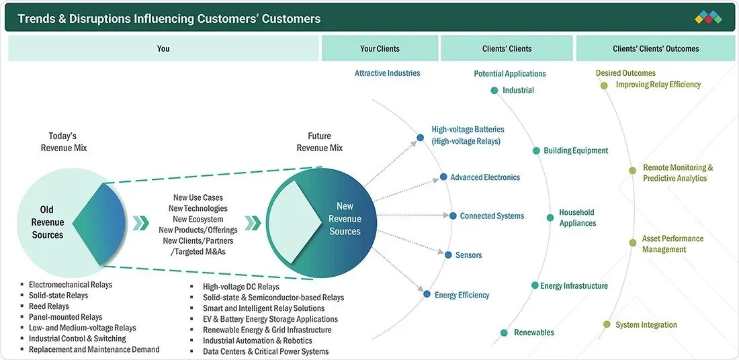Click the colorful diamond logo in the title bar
pyautogui.click(x=708, y=17)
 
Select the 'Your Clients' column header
pyautogui.click(x=380, y=48)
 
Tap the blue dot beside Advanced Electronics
pyautogui.click(x=443, y=177)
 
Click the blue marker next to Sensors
pyautogui.click(x=448, y=255)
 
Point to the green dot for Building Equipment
pyautogui.click(x=536, y=151)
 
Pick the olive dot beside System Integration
pyautogui.click(x=607, y=324)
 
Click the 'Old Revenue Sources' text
pyautogui.click(x=48, y=222)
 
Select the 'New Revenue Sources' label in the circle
pyautogui.click(x=345, y=219)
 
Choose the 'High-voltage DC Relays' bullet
pyautogui.click(x=241, y=287)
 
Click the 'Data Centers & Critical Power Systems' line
pyautogui.click(x=266, y=351)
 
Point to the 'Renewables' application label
pyautogui.click(x=534, y=332)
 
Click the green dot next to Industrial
pyautogui.click(x=494, y=91)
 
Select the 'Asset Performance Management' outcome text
pyautogui.click(x=672, y=244)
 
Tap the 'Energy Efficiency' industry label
pyautogui.click(x=462, y=295)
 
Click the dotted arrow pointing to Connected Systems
pyautogui.click(x=413, y=216)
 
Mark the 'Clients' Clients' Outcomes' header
pyautogui.click(x=656, y=48)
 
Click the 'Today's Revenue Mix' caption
pyautogui.click(x=64, y=142)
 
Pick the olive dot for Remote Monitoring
pyautogui.click(x=632, y=171)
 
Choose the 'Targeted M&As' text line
pyautogui.click(x=198, y=252)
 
